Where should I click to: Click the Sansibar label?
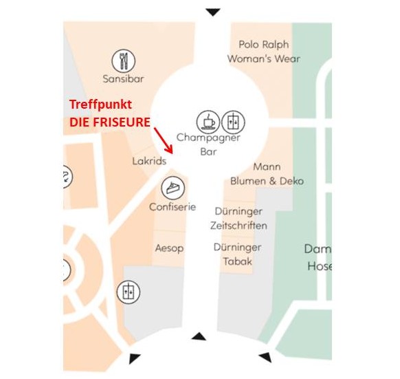point(123,78)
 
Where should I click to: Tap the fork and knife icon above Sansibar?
point(124,61)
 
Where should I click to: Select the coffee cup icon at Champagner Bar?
point(208,122)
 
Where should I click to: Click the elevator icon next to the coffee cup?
point(233,122)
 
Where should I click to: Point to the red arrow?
point(164,140)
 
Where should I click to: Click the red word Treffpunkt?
point(100,105)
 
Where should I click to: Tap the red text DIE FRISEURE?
point(110,122)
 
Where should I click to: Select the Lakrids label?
point(149,161)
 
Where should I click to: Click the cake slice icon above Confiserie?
point(173,188)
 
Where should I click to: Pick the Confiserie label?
point(173,207)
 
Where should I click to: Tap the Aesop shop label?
point(169,248)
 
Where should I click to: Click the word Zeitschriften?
point(238,226)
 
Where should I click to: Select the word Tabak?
point(238,261)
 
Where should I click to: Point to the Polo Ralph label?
point(264,45)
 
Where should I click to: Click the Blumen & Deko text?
point(267,181)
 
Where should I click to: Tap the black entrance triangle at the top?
point(213,12)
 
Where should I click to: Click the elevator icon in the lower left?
point(129,292)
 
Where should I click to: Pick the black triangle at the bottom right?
point(266,357)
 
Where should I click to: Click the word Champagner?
point(208,138)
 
